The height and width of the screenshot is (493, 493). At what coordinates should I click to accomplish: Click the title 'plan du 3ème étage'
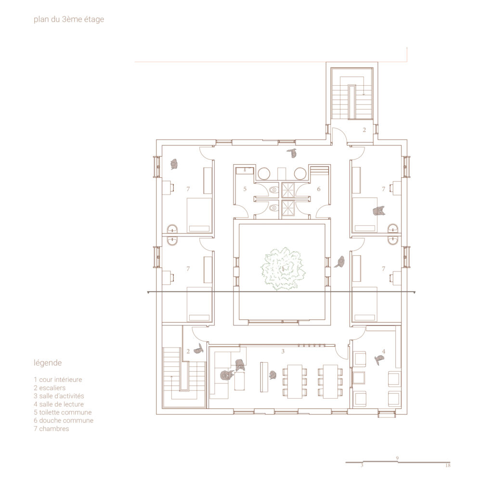[69, 19]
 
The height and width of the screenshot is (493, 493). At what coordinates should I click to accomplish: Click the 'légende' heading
[48, 363]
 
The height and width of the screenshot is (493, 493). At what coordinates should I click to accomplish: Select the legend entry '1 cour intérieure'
[58, 379]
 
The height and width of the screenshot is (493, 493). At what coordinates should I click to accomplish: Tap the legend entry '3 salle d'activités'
[59, 396]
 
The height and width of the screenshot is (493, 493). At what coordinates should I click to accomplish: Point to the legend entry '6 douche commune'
[64, 420]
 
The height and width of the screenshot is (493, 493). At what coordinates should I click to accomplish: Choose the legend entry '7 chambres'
[51, 428]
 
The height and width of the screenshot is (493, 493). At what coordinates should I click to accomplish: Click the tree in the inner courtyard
[283, 268]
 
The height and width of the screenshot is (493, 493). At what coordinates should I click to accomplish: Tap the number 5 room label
[245, 189]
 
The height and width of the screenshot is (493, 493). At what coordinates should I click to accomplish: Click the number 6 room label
[319, 189]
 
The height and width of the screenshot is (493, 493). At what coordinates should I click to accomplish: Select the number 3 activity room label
[283, 351]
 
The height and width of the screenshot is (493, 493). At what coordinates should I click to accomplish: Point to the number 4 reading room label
[383, 351]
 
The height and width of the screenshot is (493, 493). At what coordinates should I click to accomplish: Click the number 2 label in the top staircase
[364, 130]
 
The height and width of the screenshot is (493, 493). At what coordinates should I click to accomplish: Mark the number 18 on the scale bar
[448, 466]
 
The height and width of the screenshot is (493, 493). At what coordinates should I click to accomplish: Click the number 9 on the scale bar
[397, 458]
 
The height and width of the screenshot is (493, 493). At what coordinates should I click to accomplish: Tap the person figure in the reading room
[379, 359]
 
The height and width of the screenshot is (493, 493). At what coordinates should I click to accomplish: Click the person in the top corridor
[293, 153]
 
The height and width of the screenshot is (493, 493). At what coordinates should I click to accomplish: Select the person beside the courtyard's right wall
[340, 262]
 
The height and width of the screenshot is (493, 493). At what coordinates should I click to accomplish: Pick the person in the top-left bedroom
[174, 164]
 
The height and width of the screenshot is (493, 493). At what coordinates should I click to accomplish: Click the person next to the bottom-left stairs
[199, 349]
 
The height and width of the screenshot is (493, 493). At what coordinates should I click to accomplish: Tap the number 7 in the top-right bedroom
[383, 189]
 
